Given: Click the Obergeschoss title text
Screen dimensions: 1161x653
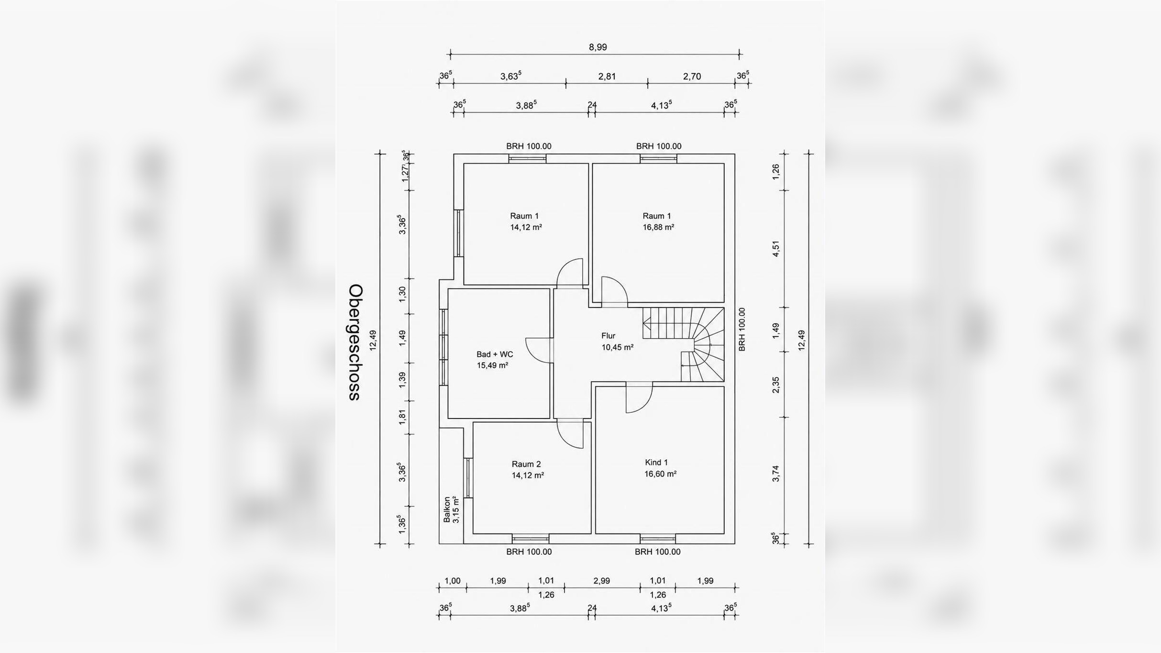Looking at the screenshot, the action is [x=355, y=343].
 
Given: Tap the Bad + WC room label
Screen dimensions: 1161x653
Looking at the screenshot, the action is [x=495, y=354].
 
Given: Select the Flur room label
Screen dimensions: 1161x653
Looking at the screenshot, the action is [x=608, y=336].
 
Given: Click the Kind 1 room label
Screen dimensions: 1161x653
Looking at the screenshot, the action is [x=656, y=463].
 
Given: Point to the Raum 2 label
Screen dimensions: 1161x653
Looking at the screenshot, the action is [x=526, y=464].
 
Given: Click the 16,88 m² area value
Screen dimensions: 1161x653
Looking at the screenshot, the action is [x=658, y=227].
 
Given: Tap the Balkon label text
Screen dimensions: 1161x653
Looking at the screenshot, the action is [x=447, y=509].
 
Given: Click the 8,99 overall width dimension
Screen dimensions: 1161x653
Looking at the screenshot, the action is [x=597, y=47].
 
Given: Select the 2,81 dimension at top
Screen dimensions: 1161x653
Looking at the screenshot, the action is [x=607, y=77].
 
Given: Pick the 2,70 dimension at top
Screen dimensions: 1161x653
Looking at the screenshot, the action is [x=692, y=77].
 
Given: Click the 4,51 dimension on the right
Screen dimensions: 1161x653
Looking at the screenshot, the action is [x=776, y=249].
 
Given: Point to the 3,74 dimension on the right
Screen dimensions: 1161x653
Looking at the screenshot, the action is [x=776, y=474].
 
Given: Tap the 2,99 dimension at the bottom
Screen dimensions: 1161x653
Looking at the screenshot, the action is [x=602, y=581].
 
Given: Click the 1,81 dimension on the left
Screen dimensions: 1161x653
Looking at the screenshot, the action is [x=403, y=417].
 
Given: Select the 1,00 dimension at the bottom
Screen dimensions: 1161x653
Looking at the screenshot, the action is [x=453, y=581].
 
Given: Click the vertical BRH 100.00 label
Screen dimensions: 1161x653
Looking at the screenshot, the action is [x=742, y=330].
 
